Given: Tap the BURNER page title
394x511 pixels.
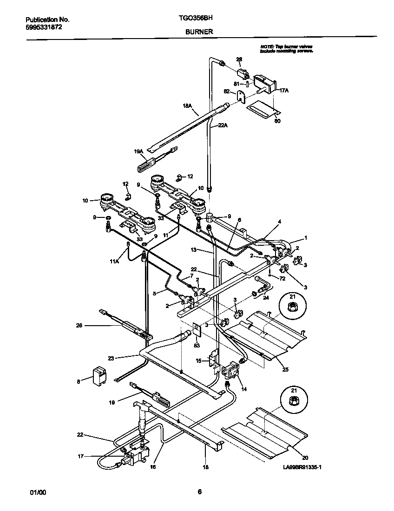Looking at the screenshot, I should coord(199,32).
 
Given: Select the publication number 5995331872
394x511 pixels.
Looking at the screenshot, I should coord(44,27).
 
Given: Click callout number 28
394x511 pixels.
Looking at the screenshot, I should coord(239,59).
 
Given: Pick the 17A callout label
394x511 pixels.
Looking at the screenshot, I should coord(283,91).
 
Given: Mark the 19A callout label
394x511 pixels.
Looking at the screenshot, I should coord(138,151).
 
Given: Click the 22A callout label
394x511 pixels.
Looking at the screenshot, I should coord(223,125).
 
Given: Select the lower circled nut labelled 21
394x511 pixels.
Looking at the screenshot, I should coord(293,399).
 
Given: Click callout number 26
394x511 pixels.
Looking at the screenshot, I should coord(79,326).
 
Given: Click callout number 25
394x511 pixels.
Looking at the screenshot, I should coord(285,369).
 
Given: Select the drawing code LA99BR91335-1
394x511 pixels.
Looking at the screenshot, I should coord(302,468).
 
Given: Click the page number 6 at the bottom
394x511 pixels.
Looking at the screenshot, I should coord(199,492).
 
